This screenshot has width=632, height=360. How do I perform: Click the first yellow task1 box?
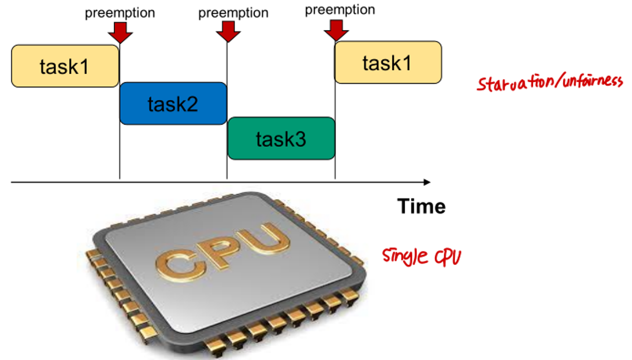[65, 66]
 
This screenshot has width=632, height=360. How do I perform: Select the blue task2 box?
[173, 103]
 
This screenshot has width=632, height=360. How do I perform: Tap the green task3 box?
[281, 138]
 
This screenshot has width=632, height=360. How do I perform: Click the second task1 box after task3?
[388, 62]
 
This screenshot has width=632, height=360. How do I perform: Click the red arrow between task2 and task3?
[228, 31]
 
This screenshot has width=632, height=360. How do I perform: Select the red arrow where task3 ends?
[336, 30]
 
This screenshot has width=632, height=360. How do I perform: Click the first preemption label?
[120, 13]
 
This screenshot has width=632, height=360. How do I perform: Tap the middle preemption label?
[233, 13]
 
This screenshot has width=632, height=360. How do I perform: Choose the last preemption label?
[340, 10]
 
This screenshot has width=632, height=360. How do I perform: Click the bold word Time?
[421, 206]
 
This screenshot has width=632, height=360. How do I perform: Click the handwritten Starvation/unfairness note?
[550, 83]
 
